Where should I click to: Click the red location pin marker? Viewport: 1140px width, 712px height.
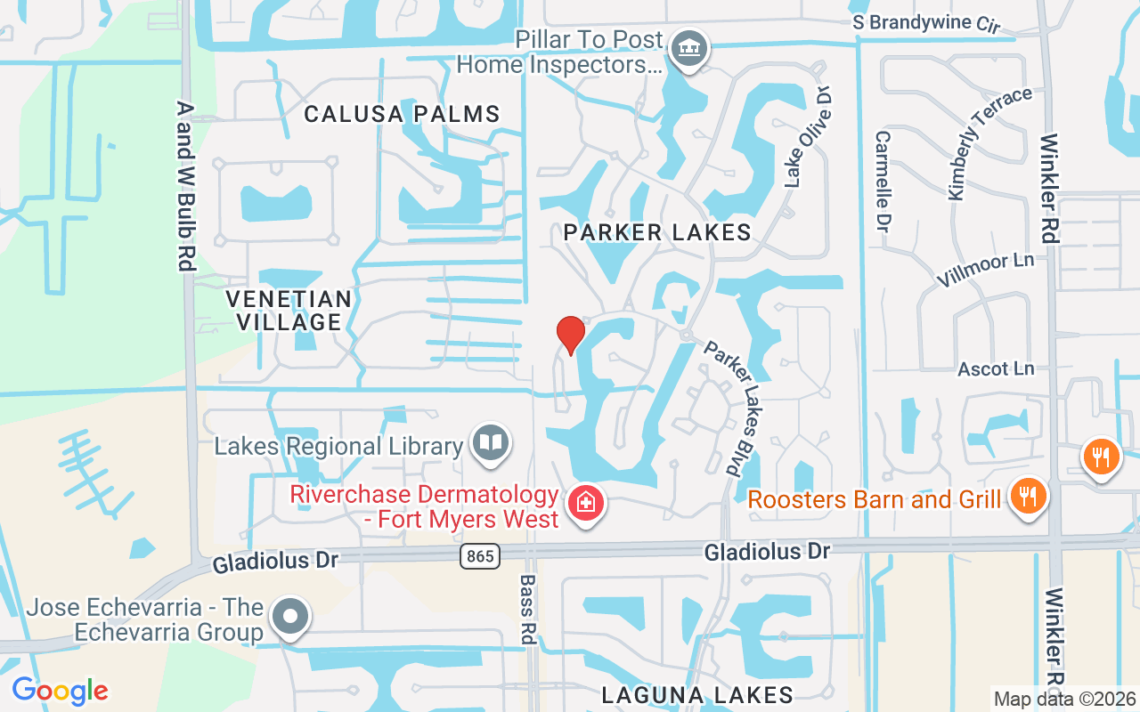pyautogui.click(x=570, y=335)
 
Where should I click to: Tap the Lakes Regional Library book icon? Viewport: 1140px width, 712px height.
pyautogui.click(x=490, y=442)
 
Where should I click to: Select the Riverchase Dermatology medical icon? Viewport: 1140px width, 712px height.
pyautogui.click(x=586, y=503)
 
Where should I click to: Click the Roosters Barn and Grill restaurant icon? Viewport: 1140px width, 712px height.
pyautogui.click(x=1029, y=497)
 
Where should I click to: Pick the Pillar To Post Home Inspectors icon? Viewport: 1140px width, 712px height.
pyautogui.click(x=688, y=48)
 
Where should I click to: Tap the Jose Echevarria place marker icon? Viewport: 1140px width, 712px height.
pyautogui.click(x=290, y=617)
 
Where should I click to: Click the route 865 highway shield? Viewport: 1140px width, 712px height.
pyautogui.click(x=480, y=557)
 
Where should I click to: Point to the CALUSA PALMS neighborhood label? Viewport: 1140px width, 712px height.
pyautogui.click(x=403, y=114)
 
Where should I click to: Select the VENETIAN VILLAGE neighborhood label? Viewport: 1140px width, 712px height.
pyautogui.click(x=289, y=310)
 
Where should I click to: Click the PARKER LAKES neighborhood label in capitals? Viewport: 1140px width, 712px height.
pyautogui.click(x=657, y=233)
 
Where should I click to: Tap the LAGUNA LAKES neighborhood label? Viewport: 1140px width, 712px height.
pyautogui.click(x=697, y=694)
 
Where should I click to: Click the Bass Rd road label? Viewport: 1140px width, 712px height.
pyautogui.click(x=527, y=609)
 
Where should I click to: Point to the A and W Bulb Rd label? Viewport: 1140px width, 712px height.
pyautogui.click(x=186, y=185)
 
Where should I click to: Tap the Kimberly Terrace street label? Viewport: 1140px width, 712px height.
pyautogui.click(x=989, y=142)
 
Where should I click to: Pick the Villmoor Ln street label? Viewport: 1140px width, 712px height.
pyautogui.click(x=985, y=271)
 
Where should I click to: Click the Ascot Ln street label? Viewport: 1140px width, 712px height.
pyautogui.click(x=996, y=368)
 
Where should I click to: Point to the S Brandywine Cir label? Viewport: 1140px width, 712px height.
pyautogui.click(x=926, y=23)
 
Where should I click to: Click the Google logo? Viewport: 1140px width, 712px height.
pyautogui.click(x=60, y=691)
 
